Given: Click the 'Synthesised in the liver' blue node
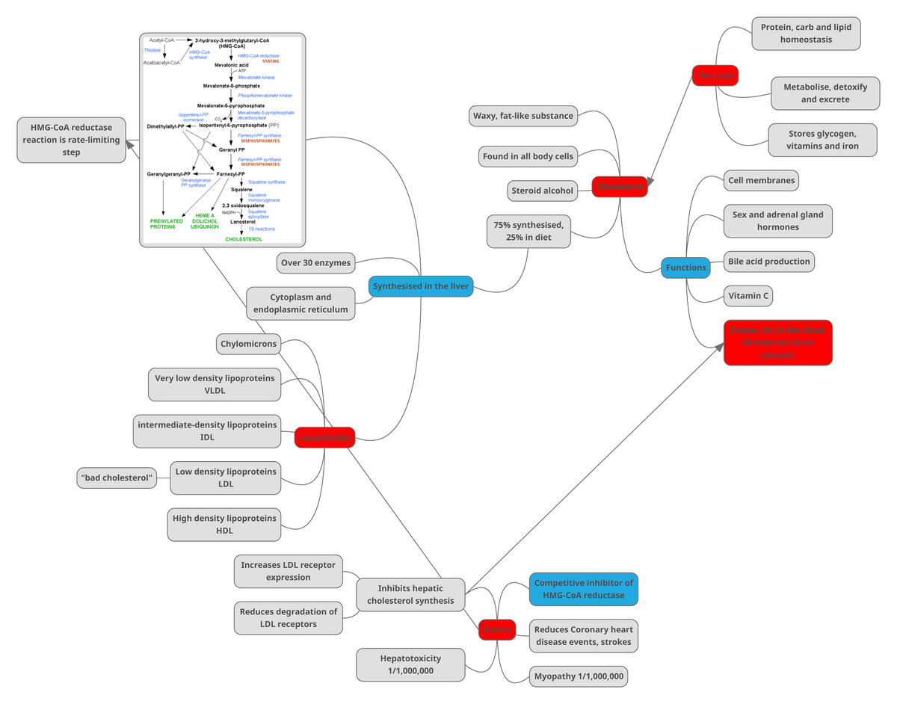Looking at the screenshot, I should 421,286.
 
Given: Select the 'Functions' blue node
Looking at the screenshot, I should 685,268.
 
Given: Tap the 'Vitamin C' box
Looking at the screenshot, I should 748,296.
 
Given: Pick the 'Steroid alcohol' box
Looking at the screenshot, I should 542,191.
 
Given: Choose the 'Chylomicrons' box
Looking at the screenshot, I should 249,345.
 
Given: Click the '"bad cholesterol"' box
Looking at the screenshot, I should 117,478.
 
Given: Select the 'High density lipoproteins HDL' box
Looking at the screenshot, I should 224,525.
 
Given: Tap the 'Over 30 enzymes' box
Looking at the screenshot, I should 314,263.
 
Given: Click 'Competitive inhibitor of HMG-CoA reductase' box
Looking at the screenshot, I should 584,589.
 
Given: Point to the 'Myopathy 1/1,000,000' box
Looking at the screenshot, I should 579,676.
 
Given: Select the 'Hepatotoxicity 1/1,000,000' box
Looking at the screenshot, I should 410,664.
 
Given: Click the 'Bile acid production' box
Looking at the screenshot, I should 768,262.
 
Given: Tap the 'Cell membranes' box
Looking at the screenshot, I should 761,181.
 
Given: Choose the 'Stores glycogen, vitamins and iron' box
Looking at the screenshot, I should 822,140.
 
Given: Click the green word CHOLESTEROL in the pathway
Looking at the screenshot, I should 244,239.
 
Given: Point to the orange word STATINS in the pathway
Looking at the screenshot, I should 271,61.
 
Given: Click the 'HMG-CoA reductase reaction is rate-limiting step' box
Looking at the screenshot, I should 71,140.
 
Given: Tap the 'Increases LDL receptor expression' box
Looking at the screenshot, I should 288,571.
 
